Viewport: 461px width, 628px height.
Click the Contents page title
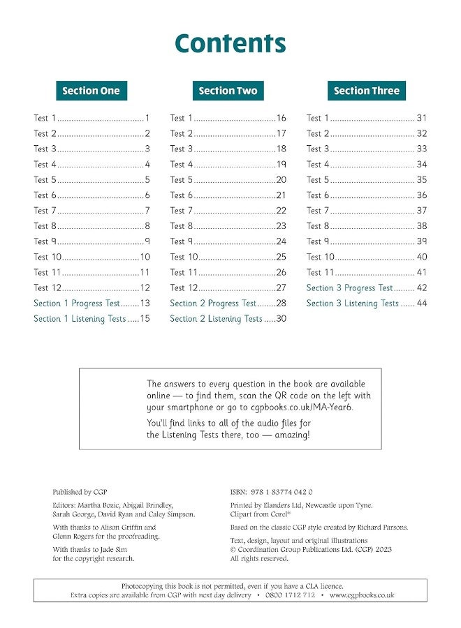tap(230, 43)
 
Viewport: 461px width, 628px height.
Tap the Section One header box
tap(91, 91)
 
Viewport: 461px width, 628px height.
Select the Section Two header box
tap(228, 91)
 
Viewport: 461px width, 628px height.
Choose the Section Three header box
tap(366, 91)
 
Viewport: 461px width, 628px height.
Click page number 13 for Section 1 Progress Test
tap(145, 304)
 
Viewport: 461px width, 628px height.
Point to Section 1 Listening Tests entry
tap(80, 319)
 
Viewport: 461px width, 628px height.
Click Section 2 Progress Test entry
tap(213, 304)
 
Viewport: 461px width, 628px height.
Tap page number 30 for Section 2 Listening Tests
tap(281, 319)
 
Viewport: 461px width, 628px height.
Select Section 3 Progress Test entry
tap(349, 288)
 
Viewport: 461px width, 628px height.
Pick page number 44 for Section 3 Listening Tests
tap(421, 304)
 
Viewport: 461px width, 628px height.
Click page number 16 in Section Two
tap(281, 119)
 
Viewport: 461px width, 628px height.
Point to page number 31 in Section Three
tap(421, 119)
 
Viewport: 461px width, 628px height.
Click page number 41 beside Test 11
tap(421, 273)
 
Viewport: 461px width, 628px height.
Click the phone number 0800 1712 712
tap(290, 595)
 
